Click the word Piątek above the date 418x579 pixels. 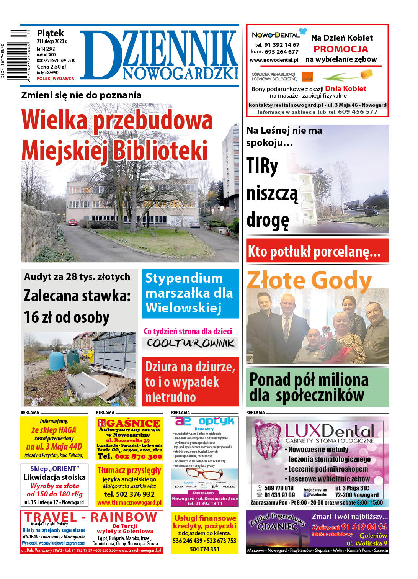pyautogui.click(x=50, y=34)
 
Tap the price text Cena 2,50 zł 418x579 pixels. pyautogui.click(x=51, y=67)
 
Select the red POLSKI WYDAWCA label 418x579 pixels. pyautogui.click(x=56, y=79)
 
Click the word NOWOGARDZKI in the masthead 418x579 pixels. pyautogui.click(x=180, y=73)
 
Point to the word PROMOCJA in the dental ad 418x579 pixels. pyautogui.click(x=341, y=49)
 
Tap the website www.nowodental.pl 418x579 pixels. pyautogui.click(x=274, y=60)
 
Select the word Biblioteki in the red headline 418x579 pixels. pyautogui.click(x=160, y=150)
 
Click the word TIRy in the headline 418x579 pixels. pyautogui.click(x=262, y=166)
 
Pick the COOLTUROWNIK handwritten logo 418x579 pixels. pyautogui.click(x=190, y=343)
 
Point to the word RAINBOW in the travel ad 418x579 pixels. pyautogui.click(x=124, y=517)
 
